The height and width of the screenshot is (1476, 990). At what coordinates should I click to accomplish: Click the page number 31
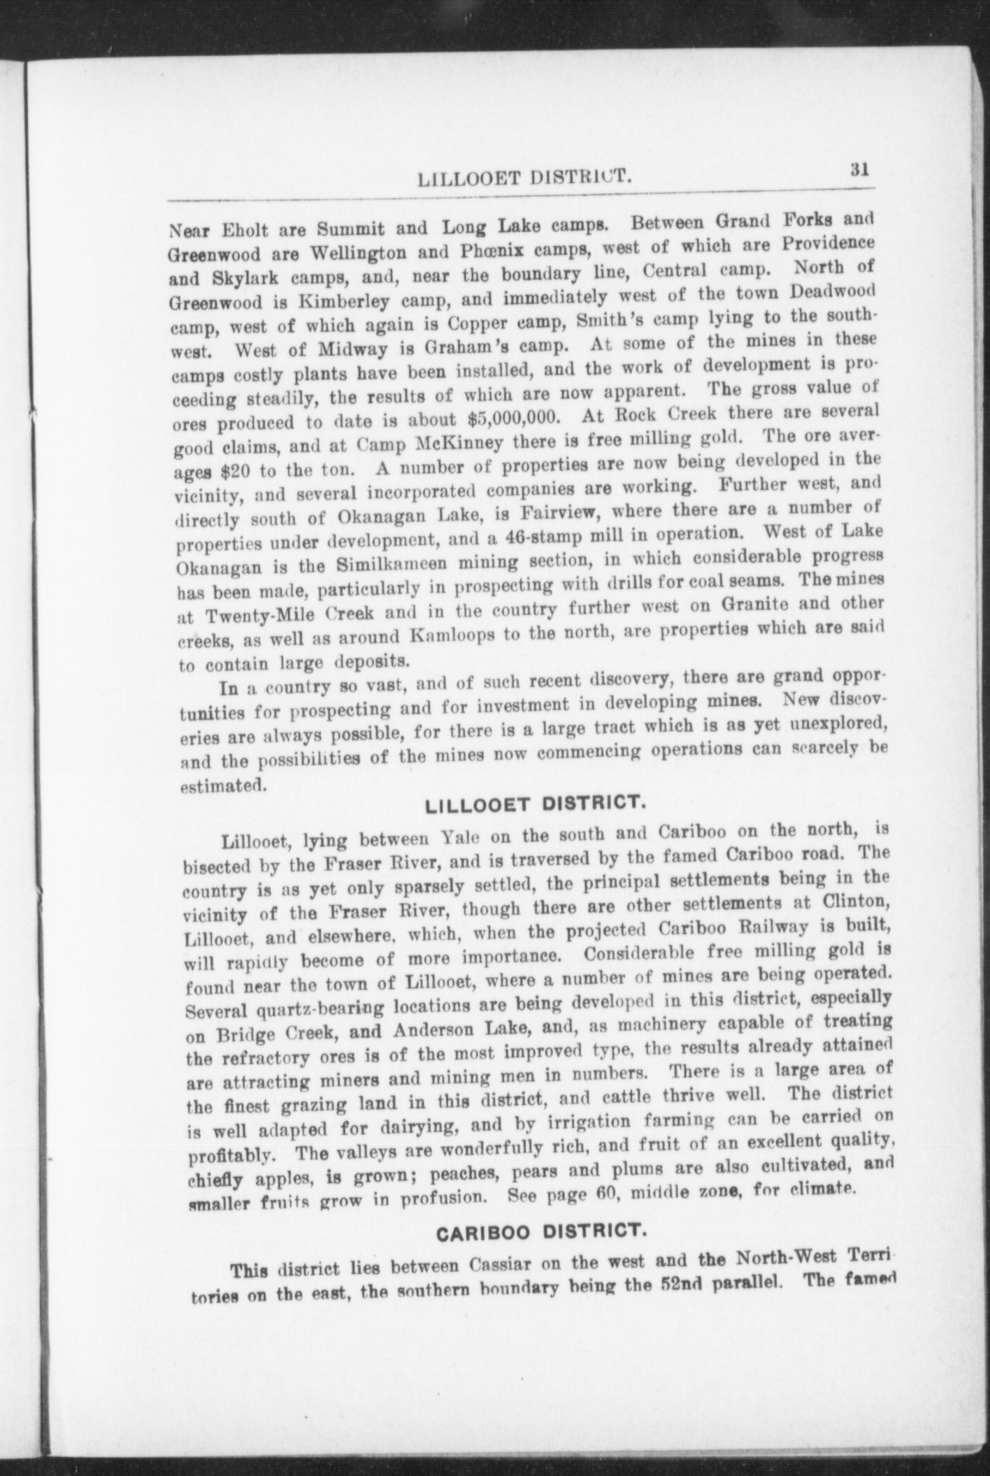click(859, 170)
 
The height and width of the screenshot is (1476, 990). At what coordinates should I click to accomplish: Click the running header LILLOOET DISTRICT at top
click(524, 179)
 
